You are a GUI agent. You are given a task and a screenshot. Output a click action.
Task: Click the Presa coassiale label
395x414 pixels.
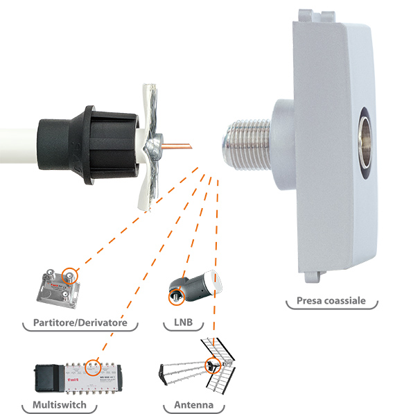[331, 300]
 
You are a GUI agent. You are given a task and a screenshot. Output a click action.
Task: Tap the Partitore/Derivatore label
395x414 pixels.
[80, 322]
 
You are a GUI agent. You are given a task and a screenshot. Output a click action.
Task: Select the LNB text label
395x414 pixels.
[184, 322]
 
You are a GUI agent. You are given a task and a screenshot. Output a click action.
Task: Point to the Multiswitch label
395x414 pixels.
[60, 404]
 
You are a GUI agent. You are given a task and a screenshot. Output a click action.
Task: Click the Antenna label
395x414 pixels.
[193, 405]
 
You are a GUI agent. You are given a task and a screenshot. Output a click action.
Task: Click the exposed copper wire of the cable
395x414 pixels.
[177, 146]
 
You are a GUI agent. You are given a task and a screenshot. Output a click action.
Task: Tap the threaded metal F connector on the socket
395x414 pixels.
[247, 145]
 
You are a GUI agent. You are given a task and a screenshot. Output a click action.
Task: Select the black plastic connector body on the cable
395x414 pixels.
[89, 145]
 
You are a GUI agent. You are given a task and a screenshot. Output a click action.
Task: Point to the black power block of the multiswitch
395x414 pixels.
[49, 378]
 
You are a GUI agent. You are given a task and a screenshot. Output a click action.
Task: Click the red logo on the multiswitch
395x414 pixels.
[73, 380]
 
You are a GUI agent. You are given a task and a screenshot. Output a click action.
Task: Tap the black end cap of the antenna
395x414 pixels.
[161, 374]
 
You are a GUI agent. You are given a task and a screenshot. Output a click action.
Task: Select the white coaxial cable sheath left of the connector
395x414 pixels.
[19, 146]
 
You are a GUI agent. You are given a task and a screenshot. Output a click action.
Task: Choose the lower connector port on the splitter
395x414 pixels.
[66, 294]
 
